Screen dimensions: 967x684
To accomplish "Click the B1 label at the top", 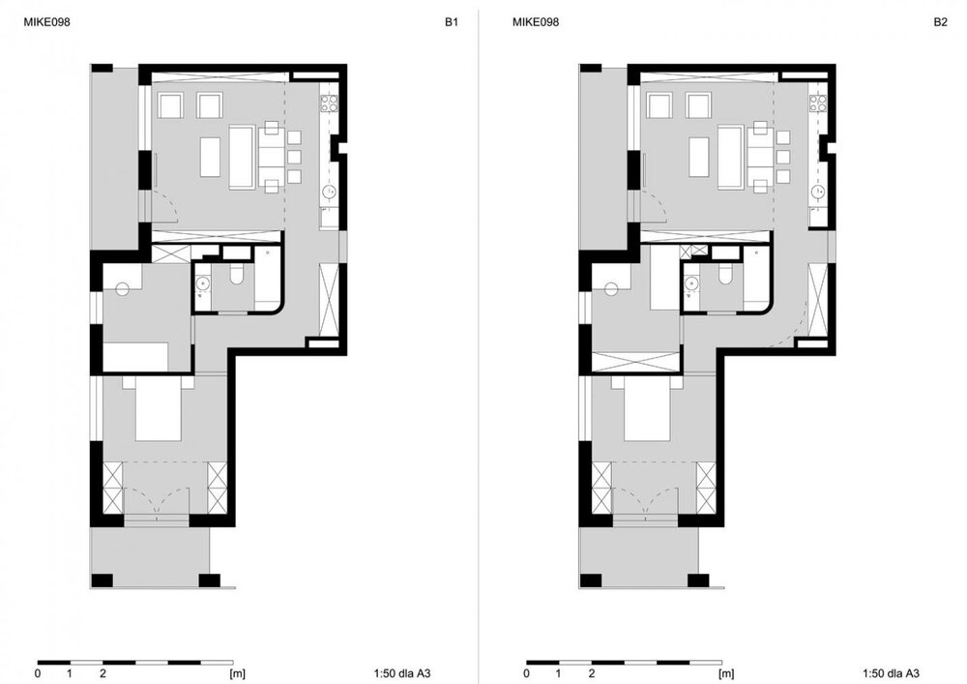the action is point(452,22).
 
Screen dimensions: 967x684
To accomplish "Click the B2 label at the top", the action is point(940,22).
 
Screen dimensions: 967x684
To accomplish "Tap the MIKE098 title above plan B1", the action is point(46,22).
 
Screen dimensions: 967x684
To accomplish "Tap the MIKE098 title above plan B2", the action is point(536,22).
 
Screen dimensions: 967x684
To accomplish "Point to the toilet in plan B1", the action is point(237,275).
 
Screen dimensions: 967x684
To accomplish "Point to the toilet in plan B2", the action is point(725,275).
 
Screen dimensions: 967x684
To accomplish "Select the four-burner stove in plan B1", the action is point(329,104).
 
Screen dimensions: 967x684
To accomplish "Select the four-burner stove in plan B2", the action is point(818,104).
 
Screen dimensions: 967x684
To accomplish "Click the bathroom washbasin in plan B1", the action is point(202,285).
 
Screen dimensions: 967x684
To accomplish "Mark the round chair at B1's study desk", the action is point(122,288).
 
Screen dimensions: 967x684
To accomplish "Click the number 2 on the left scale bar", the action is point(103,673).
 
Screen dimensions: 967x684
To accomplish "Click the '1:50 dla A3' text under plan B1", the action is point(402,673).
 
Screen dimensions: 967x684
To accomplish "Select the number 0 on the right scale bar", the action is point(527,673).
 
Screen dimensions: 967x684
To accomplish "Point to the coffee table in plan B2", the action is point(699,158).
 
